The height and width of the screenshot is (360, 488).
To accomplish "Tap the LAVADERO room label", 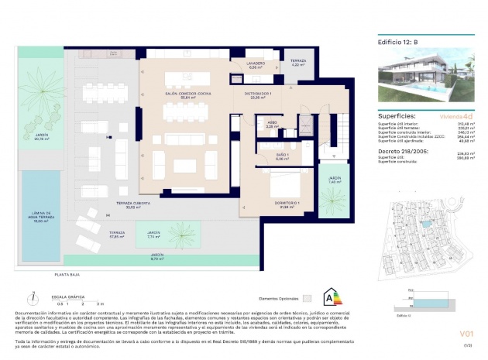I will pyautogui.click(x=256, y=65).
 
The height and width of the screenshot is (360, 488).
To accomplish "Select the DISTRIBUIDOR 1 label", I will pyautogui.click(x=258, y=95).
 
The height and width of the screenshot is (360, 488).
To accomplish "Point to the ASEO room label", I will pyautogui.click(x=273, y=124).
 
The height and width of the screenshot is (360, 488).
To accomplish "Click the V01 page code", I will pyautogui.click(x=458, y=334).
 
